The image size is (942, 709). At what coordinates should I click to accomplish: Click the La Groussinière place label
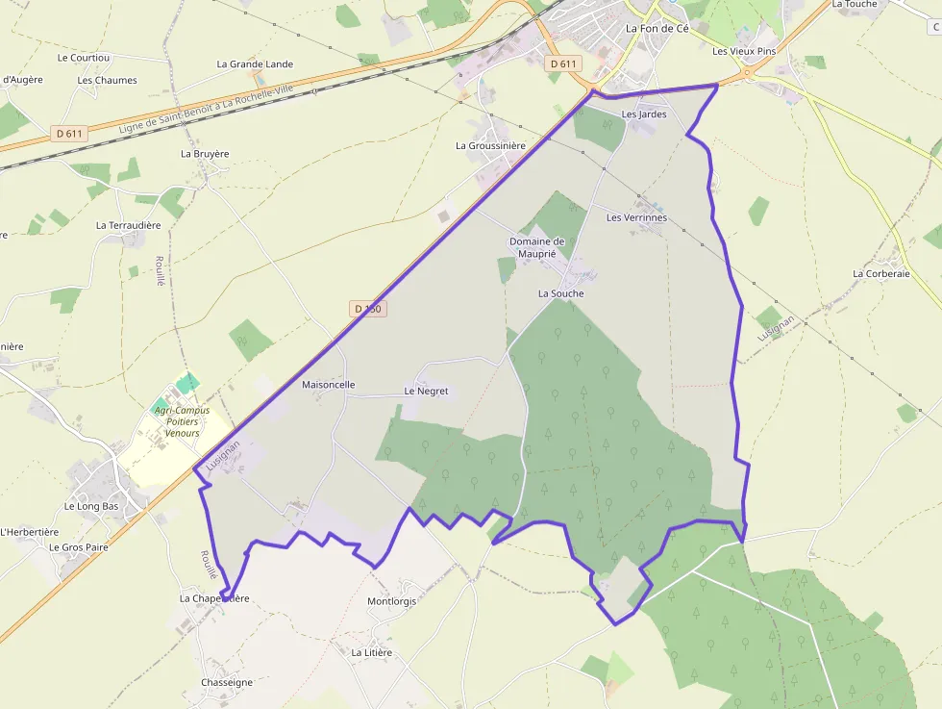click(490, 146)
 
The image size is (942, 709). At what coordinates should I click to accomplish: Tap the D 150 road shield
click(367, 309)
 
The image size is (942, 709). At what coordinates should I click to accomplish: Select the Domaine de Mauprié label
click(536, 247)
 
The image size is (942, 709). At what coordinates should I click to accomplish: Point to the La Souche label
click(560, 293)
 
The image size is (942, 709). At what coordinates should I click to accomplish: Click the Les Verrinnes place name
click(636, 218)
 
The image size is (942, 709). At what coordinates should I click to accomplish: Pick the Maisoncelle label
click(329, 385)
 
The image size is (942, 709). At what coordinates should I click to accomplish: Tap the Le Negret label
click(426, 392)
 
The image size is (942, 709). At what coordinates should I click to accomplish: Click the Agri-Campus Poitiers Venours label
click(182, 421)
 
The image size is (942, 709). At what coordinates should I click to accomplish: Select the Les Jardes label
click(644, 114)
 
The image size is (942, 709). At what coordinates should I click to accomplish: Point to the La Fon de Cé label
click(657, 29)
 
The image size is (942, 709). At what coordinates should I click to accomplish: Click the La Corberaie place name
click(880, 274)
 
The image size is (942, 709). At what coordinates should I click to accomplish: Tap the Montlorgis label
click(392, 602)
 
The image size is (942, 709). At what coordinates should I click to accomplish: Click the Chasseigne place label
click(227, 683)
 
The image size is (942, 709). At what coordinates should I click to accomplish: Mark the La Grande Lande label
click(255, 64)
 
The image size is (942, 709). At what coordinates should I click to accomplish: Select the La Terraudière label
click(128, 225)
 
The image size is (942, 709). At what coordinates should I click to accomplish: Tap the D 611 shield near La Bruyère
click(69, 134)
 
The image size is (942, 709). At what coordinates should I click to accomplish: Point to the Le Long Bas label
click(91, 506)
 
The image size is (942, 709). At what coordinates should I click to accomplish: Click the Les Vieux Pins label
click(744, 51)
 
